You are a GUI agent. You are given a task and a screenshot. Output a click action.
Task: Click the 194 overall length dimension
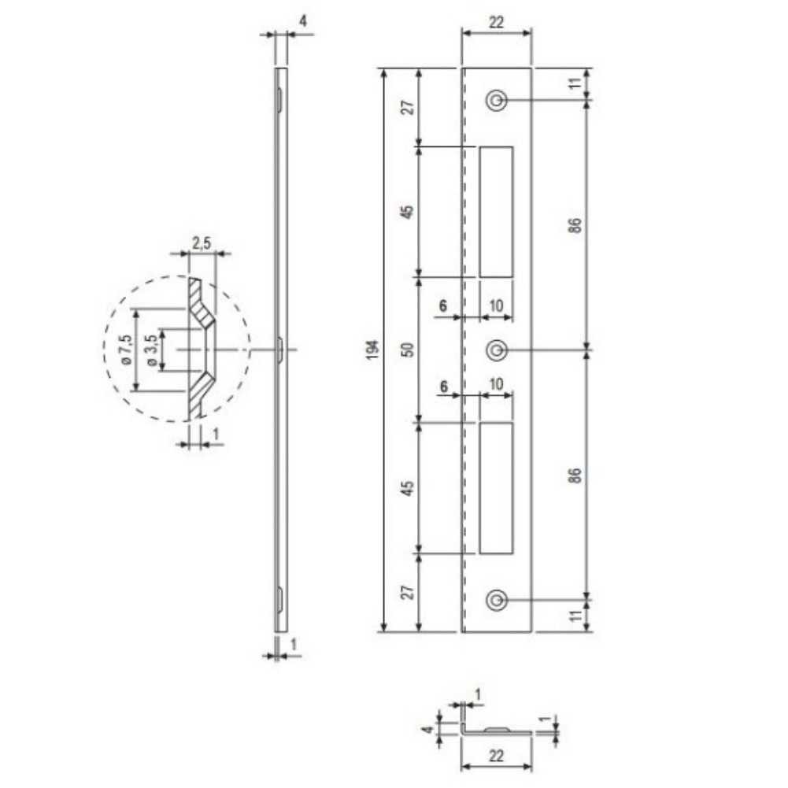pyautogui.click(x=372, y=350)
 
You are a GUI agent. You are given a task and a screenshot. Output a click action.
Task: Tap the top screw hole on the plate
pyautogui.click(x=497, y=101)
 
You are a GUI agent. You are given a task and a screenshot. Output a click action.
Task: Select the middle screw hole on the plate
pyautogui.click(x=497, y=350)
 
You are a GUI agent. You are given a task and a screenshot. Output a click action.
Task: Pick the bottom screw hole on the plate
pyautogui.click(x=497, y=600)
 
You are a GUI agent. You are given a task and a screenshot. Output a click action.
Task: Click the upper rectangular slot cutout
pyautogui.click(x=496, y=212)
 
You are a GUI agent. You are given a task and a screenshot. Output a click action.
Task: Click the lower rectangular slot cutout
pyautogui.click(x=496, y=487)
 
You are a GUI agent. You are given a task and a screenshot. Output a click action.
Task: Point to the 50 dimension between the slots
pyautogui.click(x=409, y=350)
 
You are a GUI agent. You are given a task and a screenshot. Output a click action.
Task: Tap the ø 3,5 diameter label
pyautogui.click(x=152, y=350)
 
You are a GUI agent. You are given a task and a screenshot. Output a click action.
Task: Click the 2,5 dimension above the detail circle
pyautogui.click(x=201, y=244)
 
